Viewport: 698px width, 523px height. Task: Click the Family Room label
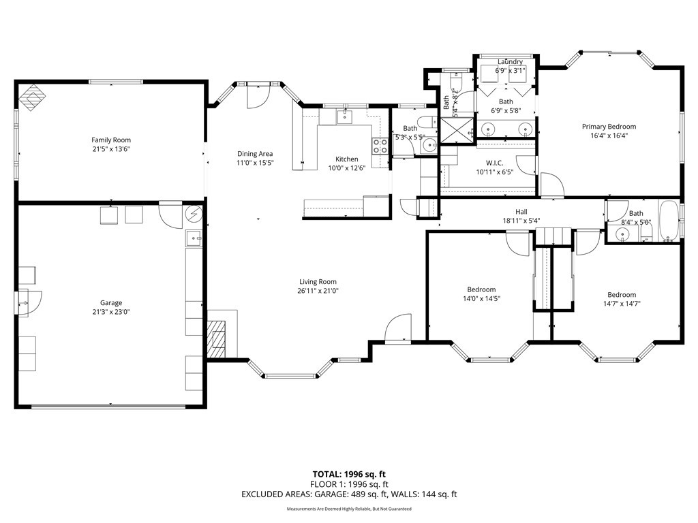pos(111,140)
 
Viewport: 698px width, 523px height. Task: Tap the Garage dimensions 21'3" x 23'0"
pos(111,312)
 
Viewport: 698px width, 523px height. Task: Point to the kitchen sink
pos(345,117)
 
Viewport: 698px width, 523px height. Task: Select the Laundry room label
pos(510,62)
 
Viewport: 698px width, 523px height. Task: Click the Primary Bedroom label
pos(609,127)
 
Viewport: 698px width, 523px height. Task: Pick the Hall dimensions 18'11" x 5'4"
pos(521,221)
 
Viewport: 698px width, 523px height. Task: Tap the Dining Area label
pos(255,154)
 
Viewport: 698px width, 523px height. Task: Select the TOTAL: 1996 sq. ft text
pos(349,474)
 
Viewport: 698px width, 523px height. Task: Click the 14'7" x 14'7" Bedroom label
pos(622,295)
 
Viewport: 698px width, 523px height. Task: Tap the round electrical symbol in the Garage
pos(194,215)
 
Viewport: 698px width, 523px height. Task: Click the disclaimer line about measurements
pos(349,509)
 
